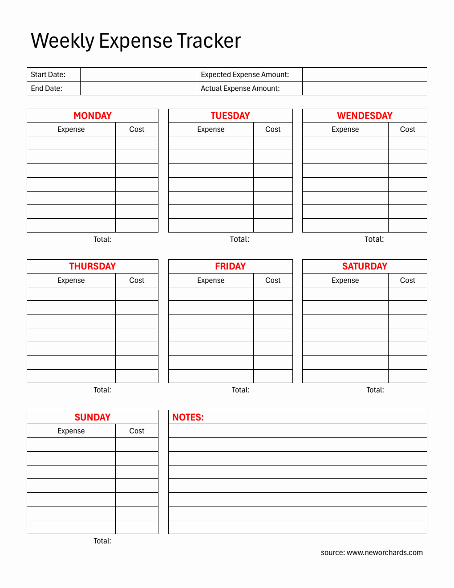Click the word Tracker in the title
point(209,41)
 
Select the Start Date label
point(48,74)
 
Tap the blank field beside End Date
point(138,88)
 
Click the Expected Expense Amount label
point(245,74)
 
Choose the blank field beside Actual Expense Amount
point(364,88)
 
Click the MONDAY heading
point(93,116)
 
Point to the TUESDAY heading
point(230,116)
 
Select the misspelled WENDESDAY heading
point(365,116)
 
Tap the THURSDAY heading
point(93,266)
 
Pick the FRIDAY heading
point(230,266)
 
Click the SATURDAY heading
point(365,266)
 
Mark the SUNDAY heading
point(93,417)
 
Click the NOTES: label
point(188,417)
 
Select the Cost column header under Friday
point(273,280)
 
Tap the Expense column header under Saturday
point(345,280)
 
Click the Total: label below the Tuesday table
point(239,239)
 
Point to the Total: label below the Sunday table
point(102,541)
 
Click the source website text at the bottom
point(372,552)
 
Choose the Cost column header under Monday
point(137,129)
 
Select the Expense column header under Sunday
point(71,431)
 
